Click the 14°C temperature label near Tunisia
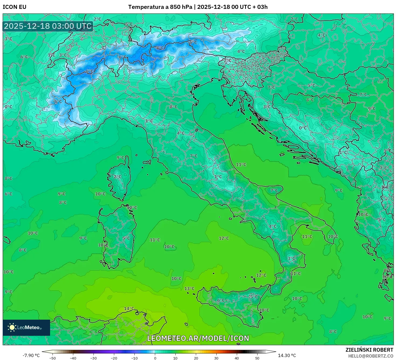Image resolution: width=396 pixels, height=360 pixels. (129, 308)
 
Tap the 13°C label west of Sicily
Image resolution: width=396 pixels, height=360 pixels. (189, 288)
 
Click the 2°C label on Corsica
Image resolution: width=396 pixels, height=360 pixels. (117, 177)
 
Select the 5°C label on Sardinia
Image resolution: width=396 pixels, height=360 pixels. (126, 238)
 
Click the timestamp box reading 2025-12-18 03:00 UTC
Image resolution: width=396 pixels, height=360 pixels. (48, 26)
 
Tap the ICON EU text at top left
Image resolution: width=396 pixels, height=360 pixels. (15, 7)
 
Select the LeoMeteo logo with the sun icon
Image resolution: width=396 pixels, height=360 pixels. (26, 327)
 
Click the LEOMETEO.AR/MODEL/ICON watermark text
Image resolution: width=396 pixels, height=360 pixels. (198, 338)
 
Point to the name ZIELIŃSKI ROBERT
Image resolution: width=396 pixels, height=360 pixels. (369, 350)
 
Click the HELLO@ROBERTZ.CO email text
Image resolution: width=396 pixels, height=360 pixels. (371, 356)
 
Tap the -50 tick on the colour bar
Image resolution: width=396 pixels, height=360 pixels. (53, 358)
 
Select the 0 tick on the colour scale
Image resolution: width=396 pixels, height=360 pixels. (155, 358)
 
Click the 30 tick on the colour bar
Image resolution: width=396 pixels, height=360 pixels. (216, 358)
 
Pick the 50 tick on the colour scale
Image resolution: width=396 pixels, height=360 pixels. (257, 358)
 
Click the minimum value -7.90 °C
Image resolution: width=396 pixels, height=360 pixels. (31, 355)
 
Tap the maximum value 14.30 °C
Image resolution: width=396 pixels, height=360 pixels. (287, 355)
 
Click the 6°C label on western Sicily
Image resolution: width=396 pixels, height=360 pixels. (221, 300)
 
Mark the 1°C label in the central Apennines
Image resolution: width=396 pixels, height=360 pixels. (218, 177)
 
